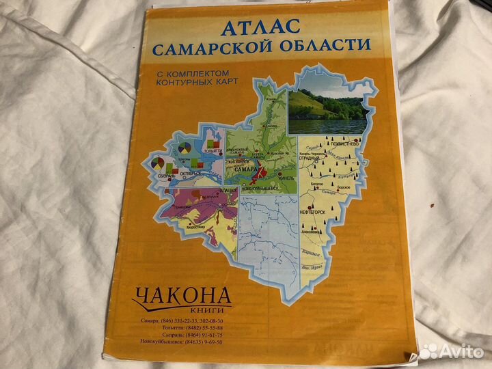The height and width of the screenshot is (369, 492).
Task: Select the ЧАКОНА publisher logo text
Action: pos(182,295)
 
